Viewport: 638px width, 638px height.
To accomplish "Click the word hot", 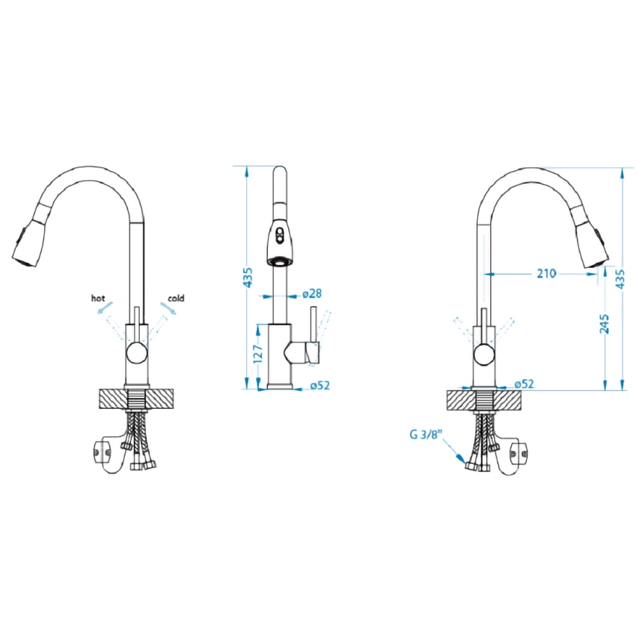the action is (98, 298).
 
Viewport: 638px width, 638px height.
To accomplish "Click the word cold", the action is (176, 298).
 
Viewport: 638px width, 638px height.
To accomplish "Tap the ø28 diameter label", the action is (312, 293).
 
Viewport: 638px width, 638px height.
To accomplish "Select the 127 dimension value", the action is (258, 353).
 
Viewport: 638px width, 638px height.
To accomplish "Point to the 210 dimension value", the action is (546, 274).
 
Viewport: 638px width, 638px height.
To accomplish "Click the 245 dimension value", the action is (604, 323).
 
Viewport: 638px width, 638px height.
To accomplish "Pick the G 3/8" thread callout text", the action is (426, 434).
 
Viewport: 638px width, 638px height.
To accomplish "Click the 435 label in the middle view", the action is (248, 277).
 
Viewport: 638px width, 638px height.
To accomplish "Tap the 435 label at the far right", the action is (619, 279).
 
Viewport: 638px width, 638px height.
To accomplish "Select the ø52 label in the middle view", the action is (320, 385).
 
